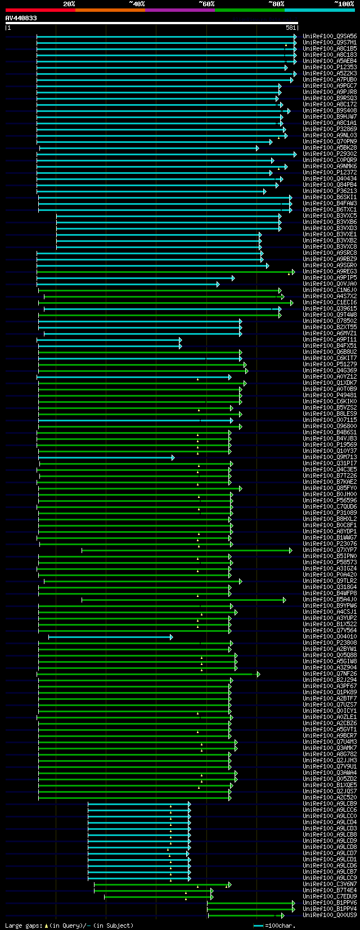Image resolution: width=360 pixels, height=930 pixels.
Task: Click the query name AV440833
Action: click(x=21, y=19)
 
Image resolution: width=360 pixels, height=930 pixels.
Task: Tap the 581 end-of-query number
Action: click(x=291, y=28)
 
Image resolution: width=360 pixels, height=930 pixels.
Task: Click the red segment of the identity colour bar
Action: click(x=40, y=10)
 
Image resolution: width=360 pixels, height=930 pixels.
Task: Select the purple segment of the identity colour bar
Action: click(x=179, y=10)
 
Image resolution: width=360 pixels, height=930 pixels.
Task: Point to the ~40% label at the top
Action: click(x=137, y=4)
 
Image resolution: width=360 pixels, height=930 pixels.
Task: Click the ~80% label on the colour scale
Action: click(x=276, y=4)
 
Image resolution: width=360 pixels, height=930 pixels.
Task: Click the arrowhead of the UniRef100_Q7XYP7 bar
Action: click(x=290, y=550)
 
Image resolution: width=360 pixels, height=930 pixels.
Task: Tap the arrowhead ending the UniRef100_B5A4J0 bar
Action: click(x=285, y=600)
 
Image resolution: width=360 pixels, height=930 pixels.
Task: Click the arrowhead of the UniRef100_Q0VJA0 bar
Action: click(x=218, y=284)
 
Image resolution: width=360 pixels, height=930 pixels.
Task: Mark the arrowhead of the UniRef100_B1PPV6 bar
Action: click(x=293, y=903)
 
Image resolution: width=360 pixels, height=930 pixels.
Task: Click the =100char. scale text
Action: click(x=280, y=925)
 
